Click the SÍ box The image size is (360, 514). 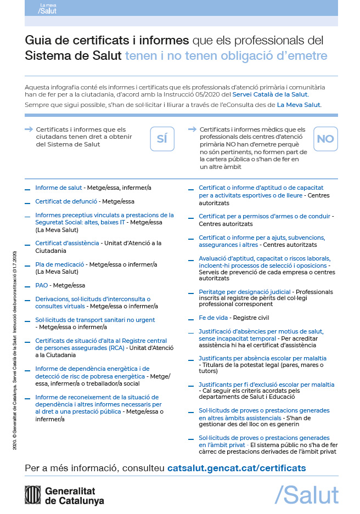coord(162,139)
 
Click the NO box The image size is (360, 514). coord(325,139)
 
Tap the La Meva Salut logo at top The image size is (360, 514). coord(48,8)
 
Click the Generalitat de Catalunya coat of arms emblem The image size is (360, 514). coord(33,495)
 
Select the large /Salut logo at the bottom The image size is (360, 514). coord(306,494)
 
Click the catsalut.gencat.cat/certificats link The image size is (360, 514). coord(236,468)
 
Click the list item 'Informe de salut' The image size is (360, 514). coord(58,188)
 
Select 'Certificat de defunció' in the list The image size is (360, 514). coord(66,201)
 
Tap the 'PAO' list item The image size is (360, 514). coord(42,285)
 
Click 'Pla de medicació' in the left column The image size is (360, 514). coord(59,264)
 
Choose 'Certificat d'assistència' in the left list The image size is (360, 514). coord(67,243)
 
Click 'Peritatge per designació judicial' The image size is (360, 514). coord(245,291)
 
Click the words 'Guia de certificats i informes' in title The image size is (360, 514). coord(107,41)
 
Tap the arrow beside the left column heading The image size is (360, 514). coord(29,129)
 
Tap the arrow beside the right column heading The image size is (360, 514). coord(192,129)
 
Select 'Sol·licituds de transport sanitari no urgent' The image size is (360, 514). coord(95,320)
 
